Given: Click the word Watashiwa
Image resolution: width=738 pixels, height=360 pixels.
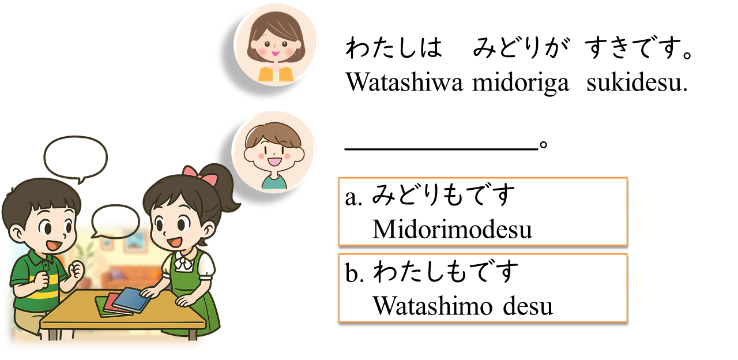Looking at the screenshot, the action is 405,82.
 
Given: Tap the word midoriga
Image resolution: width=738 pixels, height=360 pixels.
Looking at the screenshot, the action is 521,84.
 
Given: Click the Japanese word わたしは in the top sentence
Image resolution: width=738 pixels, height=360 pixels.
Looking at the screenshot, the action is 394,48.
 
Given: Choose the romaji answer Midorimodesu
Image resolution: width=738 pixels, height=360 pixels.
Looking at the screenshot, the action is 452,229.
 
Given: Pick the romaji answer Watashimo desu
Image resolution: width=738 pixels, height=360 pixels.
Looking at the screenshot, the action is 462,306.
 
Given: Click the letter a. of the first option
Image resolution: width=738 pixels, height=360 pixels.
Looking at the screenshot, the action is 353,198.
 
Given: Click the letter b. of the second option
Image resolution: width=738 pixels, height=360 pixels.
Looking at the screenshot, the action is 355,272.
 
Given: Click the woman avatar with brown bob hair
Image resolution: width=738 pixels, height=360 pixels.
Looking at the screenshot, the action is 276,46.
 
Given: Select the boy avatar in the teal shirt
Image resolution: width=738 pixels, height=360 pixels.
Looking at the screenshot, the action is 274,152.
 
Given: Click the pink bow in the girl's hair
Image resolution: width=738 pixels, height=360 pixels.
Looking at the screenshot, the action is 200,175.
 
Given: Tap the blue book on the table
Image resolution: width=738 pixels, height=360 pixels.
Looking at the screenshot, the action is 133,299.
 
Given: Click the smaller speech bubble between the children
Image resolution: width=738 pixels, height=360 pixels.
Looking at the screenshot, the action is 115,220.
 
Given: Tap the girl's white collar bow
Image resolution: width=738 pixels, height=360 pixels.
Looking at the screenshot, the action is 183,261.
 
